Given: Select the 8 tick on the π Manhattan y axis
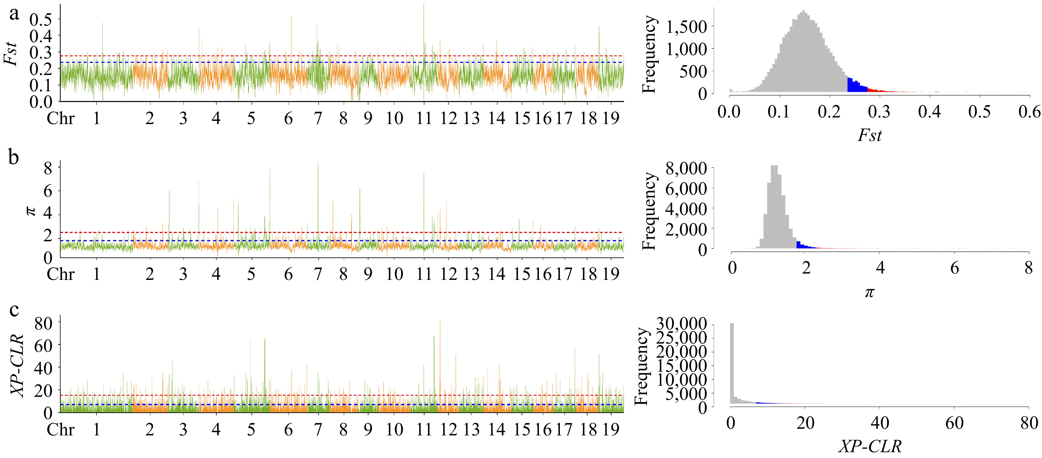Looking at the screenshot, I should click(48, 168).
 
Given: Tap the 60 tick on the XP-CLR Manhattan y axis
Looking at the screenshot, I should click(43, 345).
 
